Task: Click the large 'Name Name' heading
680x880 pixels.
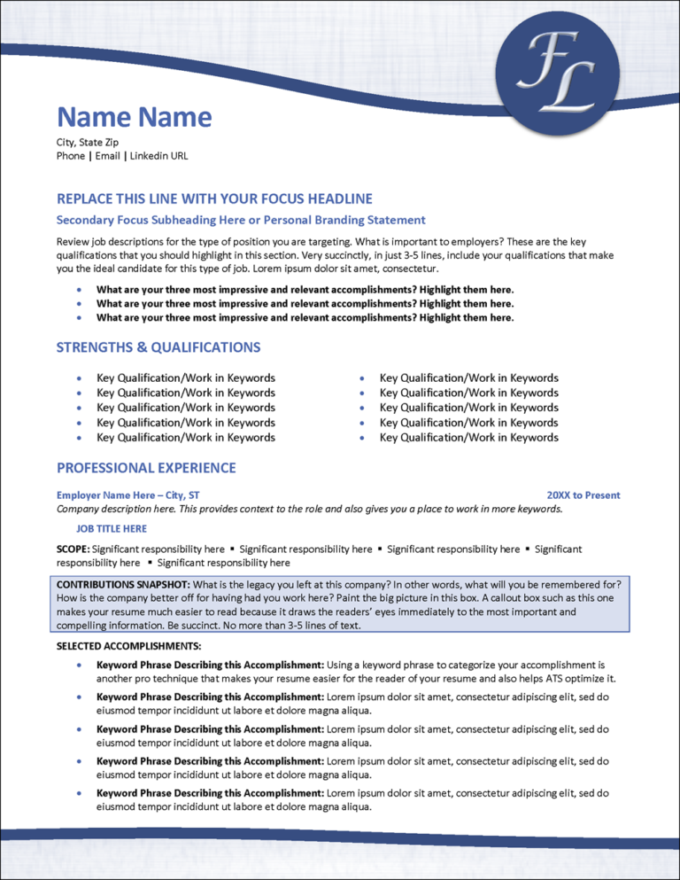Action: pyautogui.click(x=134, y=117)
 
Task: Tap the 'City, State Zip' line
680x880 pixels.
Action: pyautogui.click(x=87, y=142)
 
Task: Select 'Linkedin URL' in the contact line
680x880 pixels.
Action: pyautogui.click(x=158, y=156)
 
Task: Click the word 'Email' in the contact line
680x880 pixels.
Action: pyautogui.click(x=106, y=156)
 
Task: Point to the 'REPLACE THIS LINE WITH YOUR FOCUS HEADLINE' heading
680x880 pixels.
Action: pyautogui.click(x=214, y=199)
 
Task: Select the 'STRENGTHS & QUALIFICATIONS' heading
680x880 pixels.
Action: pyautogui.click(x=158, y=347)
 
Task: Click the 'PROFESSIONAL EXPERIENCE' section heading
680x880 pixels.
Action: pyautogui.click(x=146, y=468)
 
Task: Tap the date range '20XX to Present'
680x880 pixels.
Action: pyautogui.click(x=583, y=495)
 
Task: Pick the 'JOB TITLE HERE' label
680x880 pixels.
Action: pyautogui.click(x=112, y=529)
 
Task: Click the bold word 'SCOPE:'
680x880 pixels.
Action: pyautogui.click(x=73, y=549)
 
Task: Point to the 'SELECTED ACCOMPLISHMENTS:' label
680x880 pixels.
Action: pyautogui.click(x=128, y=645)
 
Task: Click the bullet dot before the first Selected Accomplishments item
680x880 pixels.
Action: pyautogui.click(x=81, y=664)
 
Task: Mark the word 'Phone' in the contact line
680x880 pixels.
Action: pyautogui.click(x=71, y=156)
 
